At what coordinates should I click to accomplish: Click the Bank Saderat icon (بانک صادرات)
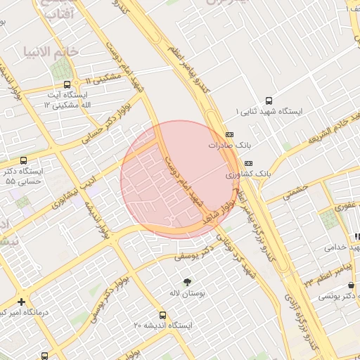point(229,134)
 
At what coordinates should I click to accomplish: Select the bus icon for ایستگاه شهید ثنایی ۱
point(268,101)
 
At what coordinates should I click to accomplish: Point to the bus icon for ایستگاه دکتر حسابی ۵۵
point(25,160)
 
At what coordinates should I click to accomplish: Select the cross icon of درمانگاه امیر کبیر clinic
point(22,301)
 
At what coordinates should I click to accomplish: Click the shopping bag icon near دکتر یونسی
point(356,297)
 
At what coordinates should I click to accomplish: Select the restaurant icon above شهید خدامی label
point(357,236)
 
